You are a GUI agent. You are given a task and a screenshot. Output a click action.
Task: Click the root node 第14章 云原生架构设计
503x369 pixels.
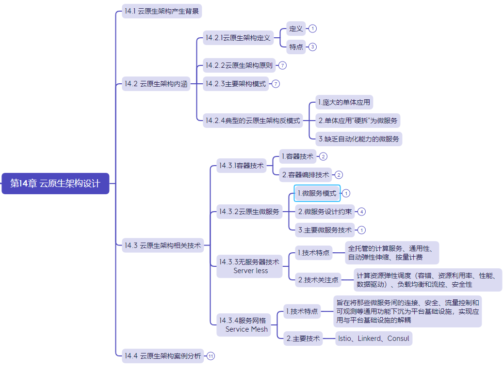(55, 184)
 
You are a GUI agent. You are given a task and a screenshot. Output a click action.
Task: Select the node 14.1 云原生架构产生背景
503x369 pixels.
(162, 11)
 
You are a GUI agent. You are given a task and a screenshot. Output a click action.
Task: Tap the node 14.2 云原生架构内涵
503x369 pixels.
(156, 84)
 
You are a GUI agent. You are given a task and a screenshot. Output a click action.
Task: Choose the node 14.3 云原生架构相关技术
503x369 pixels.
(162, 246)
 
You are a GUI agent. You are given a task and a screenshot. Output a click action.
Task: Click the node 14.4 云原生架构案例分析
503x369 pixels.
(162, 356)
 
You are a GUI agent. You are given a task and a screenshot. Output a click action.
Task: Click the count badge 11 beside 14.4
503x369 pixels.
(211, 356)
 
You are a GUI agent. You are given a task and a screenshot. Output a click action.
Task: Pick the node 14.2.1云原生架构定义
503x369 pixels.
(238, 38)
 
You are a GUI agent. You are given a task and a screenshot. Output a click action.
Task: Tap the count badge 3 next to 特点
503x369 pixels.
(313, 47)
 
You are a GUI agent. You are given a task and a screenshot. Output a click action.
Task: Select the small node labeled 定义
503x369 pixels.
(296, 29)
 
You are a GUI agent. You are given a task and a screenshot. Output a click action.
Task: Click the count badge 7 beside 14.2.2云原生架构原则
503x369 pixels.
(282, 65)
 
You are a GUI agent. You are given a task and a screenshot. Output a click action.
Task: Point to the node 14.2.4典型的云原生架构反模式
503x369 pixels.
(253, 121)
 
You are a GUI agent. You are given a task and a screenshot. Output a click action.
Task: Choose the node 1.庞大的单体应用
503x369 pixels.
(344, 102)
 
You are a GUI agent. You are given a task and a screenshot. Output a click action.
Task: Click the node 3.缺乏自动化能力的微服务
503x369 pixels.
(358, 139)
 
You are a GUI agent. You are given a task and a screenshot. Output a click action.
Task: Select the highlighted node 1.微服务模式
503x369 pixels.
(317, 193)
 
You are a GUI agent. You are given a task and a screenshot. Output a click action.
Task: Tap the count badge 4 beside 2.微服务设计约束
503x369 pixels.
(361, 212)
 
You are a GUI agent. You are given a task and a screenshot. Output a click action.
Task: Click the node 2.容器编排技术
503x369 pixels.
(306, 175)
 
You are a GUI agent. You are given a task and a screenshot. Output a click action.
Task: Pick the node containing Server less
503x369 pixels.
(249, 266)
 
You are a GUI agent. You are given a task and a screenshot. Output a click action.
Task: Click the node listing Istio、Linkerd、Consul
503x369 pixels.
(373, 338)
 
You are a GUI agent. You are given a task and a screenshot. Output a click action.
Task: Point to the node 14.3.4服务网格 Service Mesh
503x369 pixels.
(243, 325)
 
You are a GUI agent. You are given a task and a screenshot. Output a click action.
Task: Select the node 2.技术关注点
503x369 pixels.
(318, 280)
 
